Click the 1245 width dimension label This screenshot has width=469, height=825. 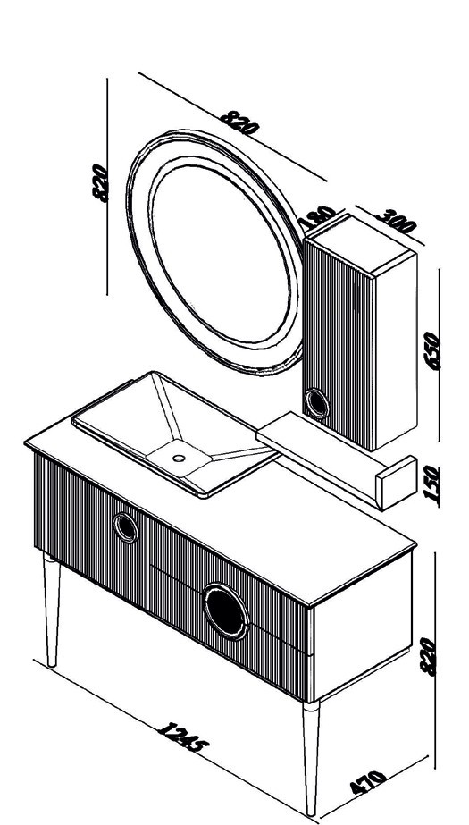pyautogui.click(x=182, y=737)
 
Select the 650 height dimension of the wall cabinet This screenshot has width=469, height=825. pyautogui.click(x=432, y=350)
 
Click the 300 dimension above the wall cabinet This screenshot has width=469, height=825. pyautogui.click(x=396, y=222)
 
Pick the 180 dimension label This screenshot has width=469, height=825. pyautogui.click(x=317, y=215)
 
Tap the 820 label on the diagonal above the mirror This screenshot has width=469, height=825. pyautogui.click(x=239, y=122)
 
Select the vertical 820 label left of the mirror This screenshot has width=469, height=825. pyautogui.click(x=100, y=182)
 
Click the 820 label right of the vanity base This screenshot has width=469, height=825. pyautogui.click(x=428, y=656)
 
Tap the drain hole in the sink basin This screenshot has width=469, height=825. pyautogui.click(x=179, y=458)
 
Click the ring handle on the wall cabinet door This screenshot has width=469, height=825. pyautogui.click(x=317, y=403)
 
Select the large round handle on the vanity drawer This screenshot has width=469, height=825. pyautogui.click(x=226, y=610)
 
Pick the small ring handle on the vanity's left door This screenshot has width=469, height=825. pyautogui.click(x=126, y=527)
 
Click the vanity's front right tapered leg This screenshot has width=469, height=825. pyautogui.click(x=311, y=758)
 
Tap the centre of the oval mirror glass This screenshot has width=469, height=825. pyautogui.click(x=220, y=254)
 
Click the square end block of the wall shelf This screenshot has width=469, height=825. pyautogui.click(x=397, y=483)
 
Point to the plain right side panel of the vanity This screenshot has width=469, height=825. pyautogui.click(x=363, y=626)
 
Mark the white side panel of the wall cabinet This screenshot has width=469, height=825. pyautogui.click(x=396, y=351)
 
